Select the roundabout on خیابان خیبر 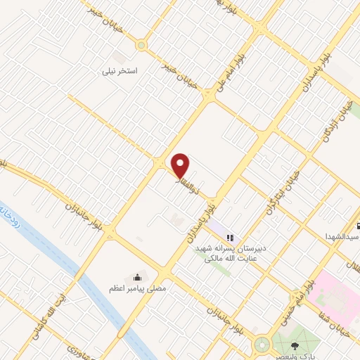pyautogui.click(x=141, y=46)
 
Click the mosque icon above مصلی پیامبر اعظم pyautogui.click(x=136, y=276)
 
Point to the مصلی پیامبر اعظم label pyautogui.click(x=135, y=288)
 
